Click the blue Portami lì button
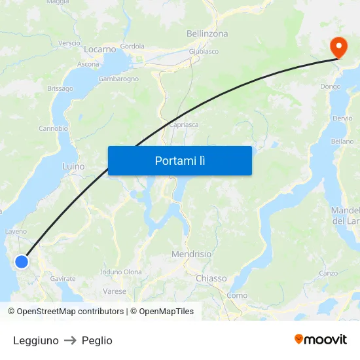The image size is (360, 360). click(x=180, y=160)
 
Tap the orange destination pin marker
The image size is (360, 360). click(x=338, y=47)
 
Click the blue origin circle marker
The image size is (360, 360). click(x=22, y=262)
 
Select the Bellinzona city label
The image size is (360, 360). click(x=207, y=33)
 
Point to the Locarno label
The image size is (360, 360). click(x=99, y=49)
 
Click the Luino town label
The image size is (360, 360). click(x=73, y=166)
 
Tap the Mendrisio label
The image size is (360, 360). click(x=191, y=253)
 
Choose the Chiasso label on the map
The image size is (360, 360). click(x=211, y=278)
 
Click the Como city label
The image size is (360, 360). click(x=237, y=296)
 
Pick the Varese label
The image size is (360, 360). click(x=115, y=291)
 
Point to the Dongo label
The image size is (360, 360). click(x=331, y=86)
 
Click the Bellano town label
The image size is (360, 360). click(x=342, y=141)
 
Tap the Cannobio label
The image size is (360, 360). click(x=54, y=128)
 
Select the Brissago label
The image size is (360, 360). click(x=60, y=88)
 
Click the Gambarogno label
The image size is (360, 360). click(x=118, y=79)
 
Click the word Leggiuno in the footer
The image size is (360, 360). click(x=35, y=340)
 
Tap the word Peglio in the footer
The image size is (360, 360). click(x=97, y=340)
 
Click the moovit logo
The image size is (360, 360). click(x=321, y=340)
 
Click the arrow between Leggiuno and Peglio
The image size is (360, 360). click(x=70, y=340)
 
